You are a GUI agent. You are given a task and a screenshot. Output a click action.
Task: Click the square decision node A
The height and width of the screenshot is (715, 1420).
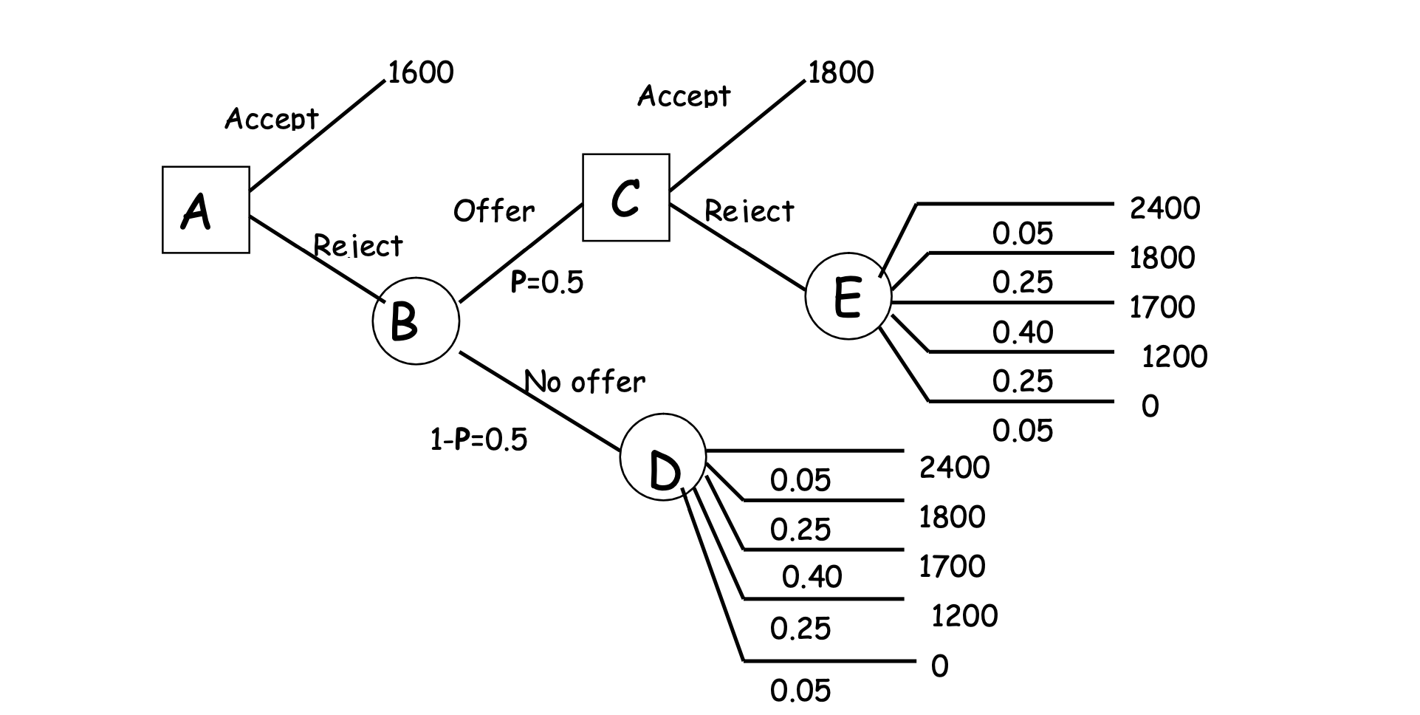pyautogui.click(x=205, y=210)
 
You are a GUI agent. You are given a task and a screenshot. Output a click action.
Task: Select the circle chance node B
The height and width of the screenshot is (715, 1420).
pyautogui.click(x=416, y=321)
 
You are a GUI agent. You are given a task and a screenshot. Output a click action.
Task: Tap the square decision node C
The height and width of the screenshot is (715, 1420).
pyautogui.click(x=625, y=197)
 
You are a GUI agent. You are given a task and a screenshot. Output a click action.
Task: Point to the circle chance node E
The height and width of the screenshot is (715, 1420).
pyautogui.click(x=848, y=296)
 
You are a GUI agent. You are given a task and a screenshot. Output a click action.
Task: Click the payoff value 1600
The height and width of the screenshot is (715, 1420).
pyautogui.click(x=420, y=72)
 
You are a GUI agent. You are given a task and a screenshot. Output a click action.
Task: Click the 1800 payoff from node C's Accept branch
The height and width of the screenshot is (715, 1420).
pyautogui.click(x=840, y=72)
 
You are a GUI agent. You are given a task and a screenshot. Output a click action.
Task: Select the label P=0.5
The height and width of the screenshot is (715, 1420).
pyautogui.click(x=546, y=281)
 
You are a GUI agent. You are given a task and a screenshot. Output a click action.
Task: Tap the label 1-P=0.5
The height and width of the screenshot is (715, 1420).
pyautogui.click(x=479, y=439)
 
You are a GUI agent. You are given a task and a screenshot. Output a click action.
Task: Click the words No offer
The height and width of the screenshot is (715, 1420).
pyautogui.click(x=585, y=382)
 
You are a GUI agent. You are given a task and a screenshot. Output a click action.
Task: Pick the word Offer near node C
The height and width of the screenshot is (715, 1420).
pyautogui.click(x=493, y=211)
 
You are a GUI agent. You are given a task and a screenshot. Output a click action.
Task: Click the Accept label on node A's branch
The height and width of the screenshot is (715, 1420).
pyautogui.click(x=271, y=118)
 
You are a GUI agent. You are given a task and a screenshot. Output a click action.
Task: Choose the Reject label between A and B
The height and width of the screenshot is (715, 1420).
pyautogui.click(x=358, y=245)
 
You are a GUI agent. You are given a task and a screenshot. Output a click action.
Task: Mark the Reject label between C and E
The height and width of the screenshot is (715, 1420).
pyautogui.click(x=749, y=211)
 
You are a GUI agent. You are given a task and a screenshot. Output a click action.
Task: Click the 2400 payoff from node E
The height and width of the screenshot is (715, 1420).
pyautogui.click(x=1165, y=208)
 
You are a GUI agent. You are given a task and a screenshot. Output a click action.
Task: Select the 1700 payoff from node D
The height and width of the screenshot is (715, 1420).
pyautogui.click(x=952, y=567)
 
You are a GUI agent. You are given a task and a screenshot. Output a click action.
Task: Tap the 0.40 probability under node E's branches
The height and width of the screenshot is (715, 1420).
pyautogui.click(x=1022, y=332)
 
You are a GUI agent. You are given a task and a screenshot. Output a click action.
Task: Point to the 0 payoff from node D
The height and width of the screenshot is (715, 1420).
pyautogui.click(x=939, y=666)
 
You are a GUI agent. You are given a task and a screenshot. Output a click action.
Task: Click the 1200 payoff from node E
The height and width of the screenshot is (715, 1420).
pyautogui.click(x=1174, y=357)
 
